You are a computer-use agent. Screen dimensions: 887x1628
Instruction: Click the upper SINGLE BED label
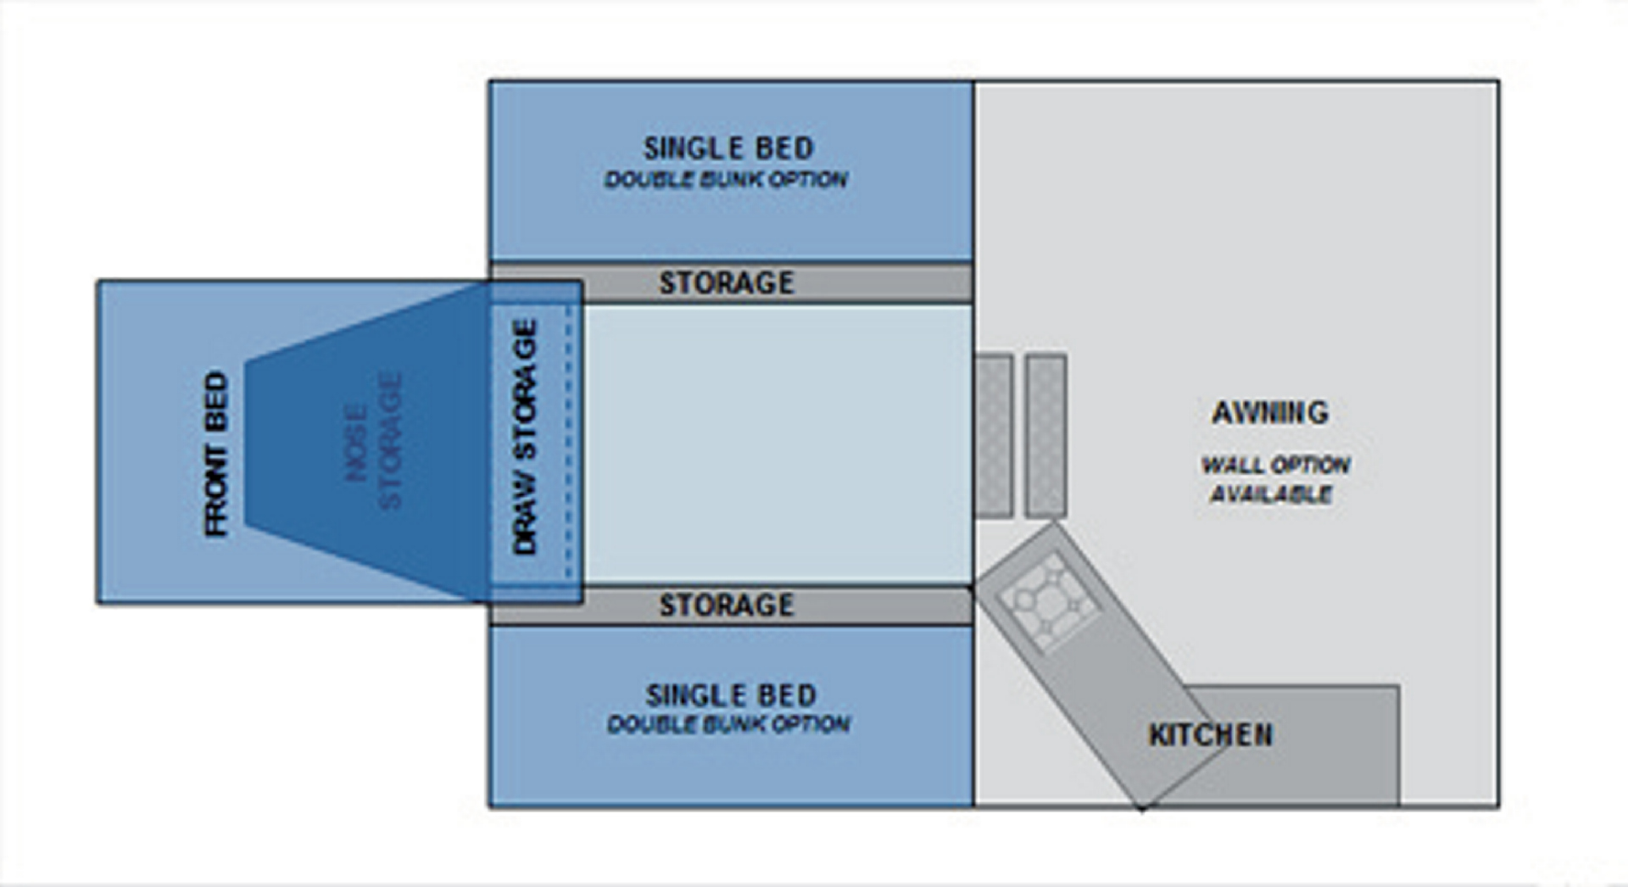tap(728, 148)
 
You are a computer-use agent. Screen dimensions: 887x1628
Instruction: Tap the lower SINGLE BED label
tap(731, 695)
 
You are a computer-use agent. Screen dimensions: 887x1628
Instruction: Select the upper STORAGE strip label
tap(727, 282)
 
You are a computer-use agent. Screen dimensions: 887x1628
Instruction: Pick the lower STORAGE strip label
tap(727, 605)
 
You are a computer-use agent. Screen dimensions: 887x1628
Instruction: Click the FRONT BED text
tap(216, 453)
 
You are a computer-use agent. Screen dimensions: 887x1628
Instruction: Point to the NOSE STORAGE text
tap(372, 441)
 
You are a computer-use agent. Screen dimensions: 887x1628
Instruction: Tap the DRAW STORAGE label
tap(526, 437)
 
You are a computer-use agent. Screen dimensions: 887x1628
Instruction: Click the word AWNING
tap(1269, 413)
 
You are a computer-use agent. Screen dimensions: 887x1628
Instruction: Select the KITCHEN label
tap(1210, 734)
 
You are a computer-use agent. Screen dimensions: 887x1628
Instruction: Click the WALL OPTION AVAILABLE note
tap(1274, 479)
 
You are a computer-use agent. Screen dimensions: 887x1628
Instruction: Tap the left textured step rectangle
tap(994, 435)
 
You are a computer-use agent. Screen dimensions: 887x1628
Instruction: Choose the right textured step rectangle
tap(1045, 435)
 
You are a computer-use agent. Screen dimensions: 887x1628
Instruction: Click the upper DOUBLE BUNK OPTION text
tap(726, 180)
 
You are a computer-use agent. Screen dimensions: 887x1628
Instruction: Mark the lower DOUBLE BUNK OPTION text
tap(728, 724)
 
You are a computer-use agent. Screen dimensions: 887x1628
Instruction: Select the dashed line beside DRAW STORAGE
tap(568, 441)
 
